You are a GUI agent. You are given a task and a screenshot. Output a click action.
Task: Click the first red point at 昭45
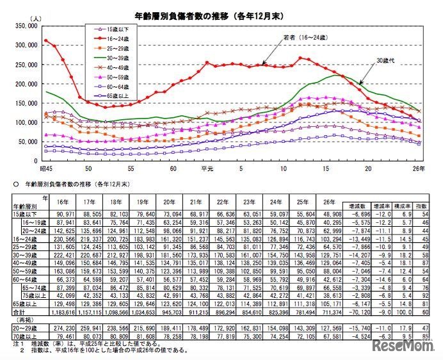pyautogui.click(x=46, y=40)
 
